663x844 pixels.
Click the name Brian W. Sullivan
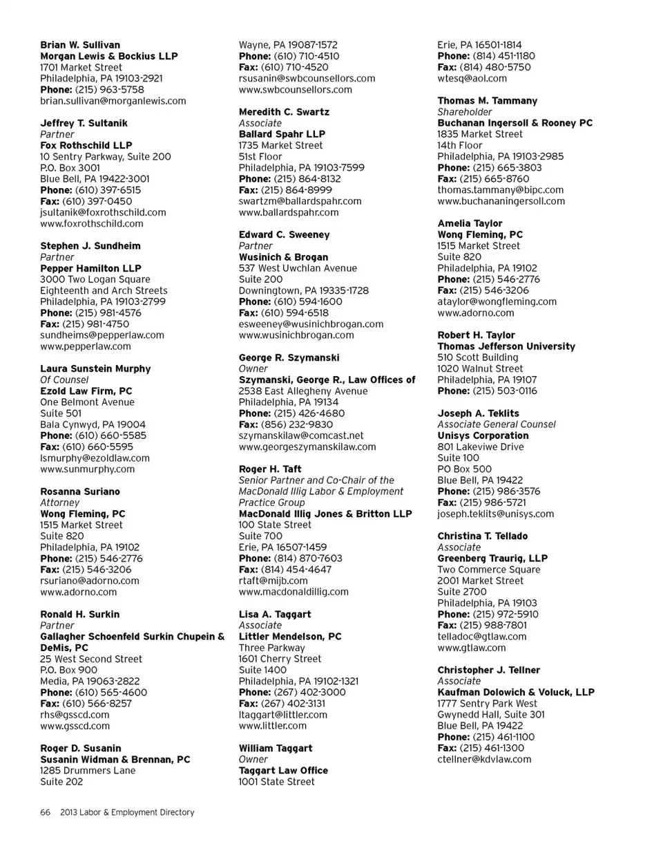[79, 45]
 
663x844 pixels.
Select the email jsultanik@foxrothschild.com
[103, 212]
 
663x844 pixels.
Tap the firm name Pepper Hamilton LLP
[90, 268]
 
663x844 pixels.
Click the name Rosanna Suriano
[80, 491]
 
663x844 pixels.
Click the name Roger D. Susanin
[81, 748]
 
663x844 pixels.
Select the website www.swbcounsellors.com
[295, 89]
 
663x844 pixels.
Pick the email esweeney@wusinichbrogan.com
[311, 323]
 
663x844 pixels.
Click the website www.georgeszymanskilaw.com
[307, 447]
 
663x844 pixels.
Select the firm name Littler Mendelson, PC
[289, 637]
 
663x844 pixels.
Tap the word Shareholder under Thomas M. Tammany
[465, 112]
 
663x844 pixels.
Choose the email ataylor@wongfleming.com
[497, 301]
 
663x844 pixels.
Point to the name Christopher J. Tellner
[489, 670]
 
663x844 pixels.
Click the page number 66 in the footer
[46, 812]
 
